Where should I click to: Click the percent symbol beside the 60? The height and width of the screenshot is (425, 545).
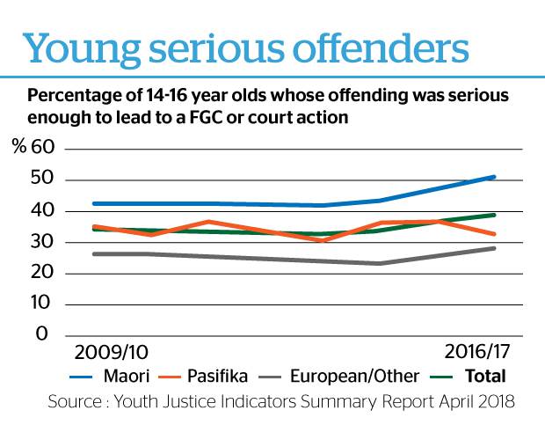point(18,148)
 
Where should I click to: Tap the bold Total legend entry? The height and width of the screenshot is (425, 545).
point(486,376)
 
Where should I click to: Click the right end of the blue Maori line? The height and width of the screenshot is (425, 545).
point(495,177)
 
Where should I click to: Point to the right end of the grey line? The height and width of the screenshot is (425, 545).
point(495,248)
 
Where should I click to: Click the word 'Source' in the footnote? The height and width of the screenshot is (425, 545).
point(75,403)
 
